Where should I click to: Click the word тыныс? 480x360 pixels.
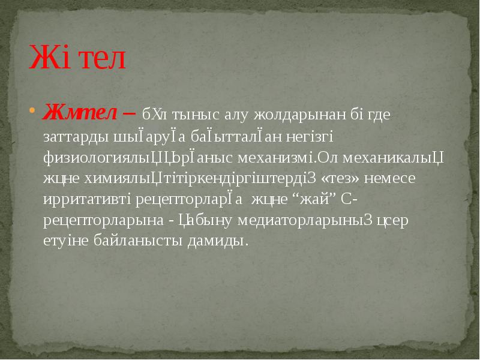pos(196,114)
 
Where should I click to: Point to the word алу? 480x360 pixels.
pos(236,114)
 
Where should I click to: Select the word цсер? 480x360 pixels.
pos(392,221)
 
